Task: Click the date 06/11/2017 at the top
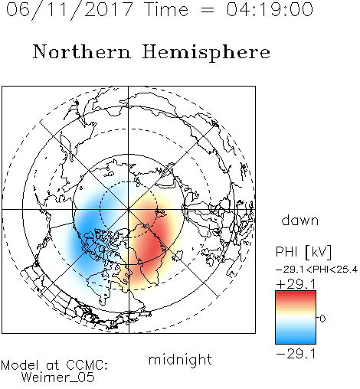[x=70, y=10]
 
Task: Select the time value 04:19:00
[x=270, y=9]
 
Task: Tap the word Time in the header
[x=166, y=9]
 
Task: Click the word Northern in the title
[x=82, y=51]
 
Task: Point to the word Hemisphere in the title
[x=206, y=52]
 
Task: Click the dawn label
[x=300, y=220]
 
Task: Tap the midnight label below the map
[x=180, y=360]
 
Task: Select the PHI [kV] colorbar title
[x=303, y=252]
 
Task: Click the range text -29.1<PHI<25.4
[x=317, y=270]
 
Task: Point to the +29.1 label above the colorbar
[x=296, y=284]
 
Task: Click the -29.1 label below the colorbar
[x=296, y=354]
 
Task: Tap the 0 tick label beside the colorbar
[x=322, y=319]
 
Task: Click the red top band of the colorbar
[x=296, y=295]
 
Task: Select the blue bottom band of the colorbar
[x=296, y=339]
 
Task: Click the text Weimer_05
[x=57, y=378]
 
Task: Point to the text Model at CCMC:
[x=54, y=365]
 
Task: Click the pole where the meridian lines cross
[x=129, y=210]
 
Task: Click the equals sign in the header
[x=208, y=10]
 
